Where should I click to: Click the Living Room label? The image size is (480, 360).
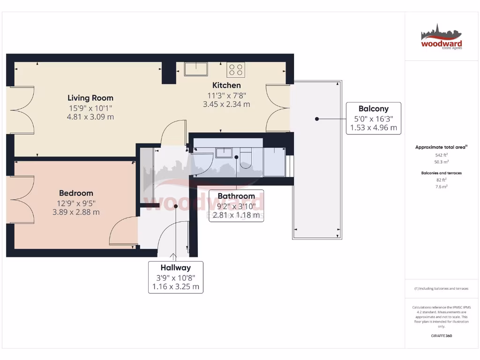pyautogui.click(x=90, y=98)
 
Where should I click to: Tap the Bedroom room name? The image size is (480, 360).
pyautogui.click(x=76, y=193)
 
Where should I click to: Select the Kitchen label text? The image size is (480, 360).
pyautogui.click(x=226, y=85)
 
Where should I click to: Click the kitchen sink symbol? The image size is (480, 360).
pyautogui.click(x=196, y=69)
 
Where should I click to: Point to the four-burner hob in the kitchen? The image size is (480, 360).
pyautogui.click(x=236, y=69)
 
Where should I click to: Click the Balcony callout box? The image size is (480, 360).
pyautogui.click(x=374, y=118)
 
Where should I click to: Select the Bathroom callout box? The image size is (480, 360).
pyautogui.click(x=236, y=205)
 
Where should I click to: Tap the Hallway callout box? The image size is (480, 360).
pyautogui.click(x=176, y=277)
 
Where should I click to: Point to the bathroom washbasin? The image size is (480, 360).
pyautogui.click(x=224, y=153)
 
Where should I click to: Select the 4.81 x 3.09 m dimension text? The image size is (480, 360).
pyautogui.click(x=90, y=117)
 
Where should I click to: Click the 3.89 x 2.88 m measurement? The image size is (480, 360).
pyautogui.click(x=76, y=212)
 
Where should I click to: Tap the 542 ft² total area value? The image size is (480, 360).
pyautogui.click(x=441, y=155)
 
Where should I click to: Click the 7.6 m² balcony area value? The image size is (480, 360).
pyautogui.click(x=441, y=187)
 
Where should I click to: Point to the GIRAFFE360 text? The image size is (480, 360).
pyautogui.click(x=441, y=336)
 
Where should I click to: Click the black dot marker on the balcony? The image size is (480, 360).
pyautogui.click(x=317, y=119)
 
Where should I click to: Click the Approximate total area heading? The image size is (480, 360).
pyautogui.click(x=441, y=147)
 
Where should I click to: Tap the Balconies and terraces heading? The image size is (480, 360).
pyautogui.click(x=441, y=173)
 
